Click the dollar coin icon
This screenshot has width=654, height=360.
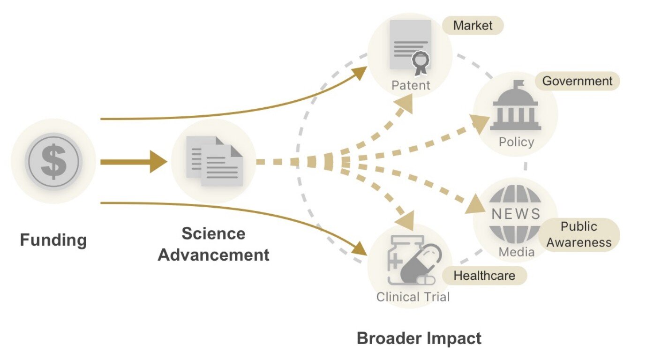click(53, 161)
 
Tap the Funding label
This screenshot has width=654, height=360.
click(53, 240)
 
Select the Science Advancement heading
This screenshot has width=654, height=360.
click(214, 244)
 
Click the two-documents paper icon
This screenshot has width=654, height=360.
click(214, 161)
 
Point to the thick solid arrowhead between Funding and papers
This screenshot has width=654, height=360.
click(158, 162)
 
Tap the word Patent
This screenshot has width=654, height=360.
click(411, 85)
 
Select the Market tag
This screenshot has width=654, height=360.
click(473, 25)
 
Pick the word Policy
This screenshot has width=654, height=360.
click(516, 142)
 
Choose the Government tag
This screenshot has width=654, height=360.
click(577, 81)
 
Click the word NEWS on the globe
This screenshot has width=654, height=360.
click(516, 214)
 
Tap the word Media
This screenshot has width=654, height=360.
click(516, 252)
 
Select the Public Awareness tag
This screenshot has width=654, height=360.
click(579, 234)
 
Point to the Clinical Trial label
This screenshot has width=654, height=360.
click(413, 297)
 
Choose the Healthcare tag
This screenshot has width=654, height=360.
click(484, 276)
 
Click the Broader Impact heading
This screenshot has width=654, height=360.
click(419, 338)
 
